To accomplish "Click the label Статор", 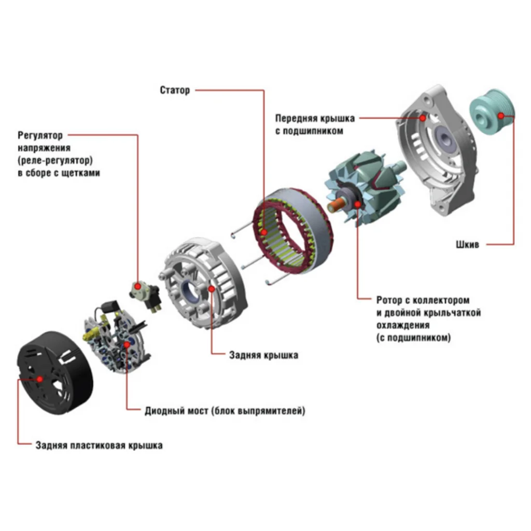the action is pos(175,90).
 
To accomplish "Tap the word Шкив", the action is pos(467,245).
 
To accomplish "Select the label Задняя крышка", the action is pos(264,355).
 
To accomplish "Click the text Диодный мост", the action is pos(176,411).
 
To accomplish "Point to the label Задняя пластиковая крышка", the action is pos(99,445).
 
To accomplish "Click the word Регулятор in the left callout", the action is pos(40,135).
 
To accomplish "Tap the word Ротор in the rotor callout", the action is pos(389,300).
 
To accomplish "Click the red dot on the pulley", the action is pos(501,116).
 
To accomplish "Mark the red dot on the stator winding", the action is pos(264,232).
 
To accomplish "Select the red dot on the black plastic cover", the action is pos(39,379).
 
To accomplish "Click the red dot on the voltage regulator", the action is pos(137,286).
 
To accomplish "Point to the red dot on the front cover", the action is pos(423,118).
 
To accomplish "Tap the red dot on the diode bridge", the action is pos(127,344).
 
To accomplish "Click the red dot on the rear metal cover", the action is pos(212,289).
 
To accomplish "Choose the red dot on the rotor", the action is pos(358,204).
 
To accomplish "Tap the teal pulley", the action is pos(492,114).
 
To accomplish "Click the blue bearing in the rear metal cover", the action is pos(190,292).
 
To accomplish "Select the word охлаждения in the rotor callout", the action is pos(403,325).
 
